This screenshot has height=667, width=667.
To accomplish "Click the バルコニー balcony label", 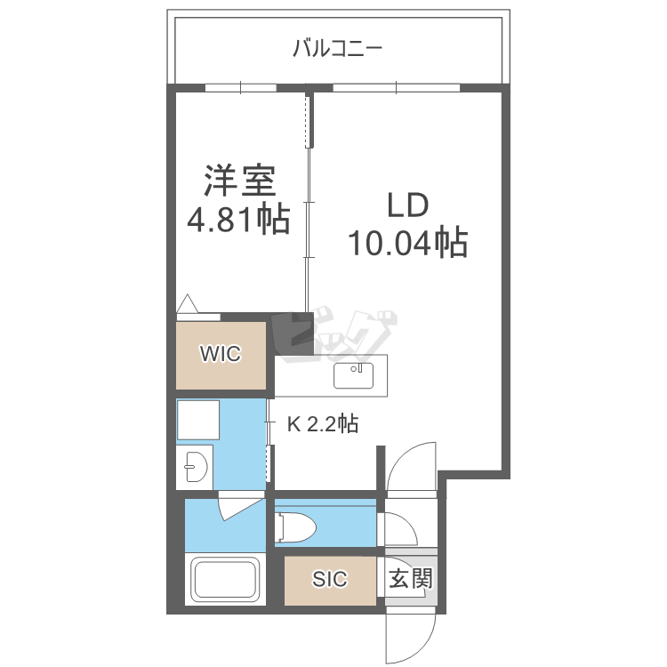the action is (337, 49).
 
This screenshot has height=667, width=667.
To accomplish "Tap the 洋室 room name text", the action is (240, 181).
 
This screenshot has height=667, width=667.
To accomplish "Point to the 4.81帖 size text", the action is (239, 220).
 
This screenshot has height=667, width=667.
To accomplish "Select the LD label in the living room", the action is (408, 205).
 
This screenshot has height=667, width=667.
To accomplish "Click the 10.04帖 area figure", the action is (408, 243).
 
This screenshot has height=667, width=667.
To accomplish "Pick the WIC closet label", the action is (221, 353).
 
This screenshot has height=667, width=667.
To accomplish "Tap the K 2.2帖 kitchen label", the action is (323, 423).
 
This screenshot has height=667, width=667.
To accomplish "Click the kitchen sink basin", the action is (353, 375).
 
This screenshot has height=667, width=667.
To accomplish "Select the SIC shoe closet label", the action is (330, 579).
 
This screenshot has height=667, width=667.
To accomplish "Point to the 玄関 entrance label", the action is (411, 578).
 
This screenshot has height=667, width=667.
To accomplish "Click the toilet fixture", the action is (295, 528).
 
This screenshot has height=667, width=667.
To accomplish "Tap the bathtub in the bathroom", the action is (226, 579).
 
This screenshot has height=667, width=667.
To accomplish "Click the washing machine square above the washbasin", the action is (198, 420).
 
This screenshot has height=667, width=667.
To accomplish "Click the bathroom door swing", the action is (240, 506).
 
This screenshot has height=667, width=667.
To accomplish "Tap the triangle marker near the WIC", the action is (187, 303).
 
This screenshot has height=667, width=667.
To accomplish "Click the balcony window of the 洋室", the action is (241, 88).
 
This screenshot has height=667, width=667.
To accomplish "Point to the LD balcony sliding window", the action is (396, 88).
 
